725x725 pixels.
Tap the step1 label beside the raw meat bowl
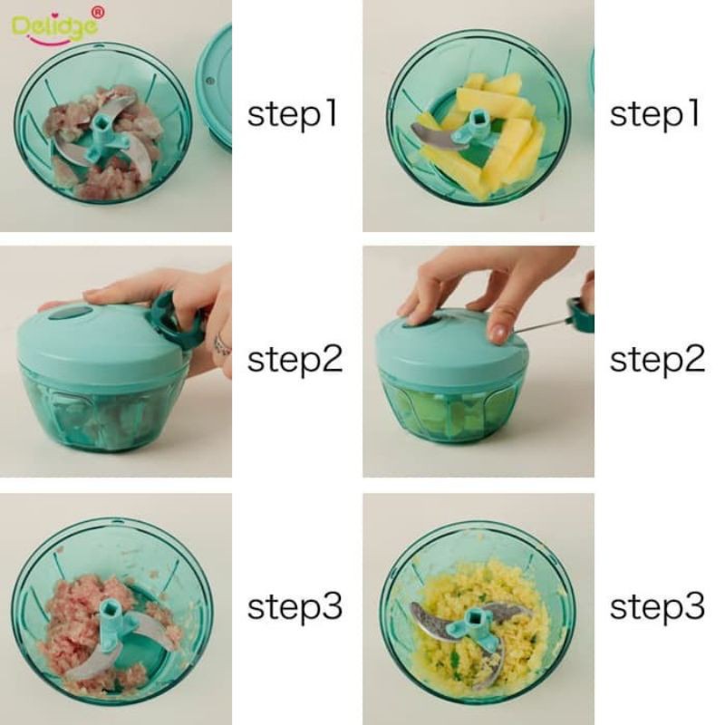point(292,115)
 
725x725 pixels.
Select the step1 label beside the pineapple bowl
point(654,115)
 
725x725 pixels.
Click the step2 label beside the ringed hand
point(295,359)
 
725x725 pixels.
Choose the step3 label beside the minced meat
point(295,606)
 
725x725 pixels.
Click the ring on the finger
point(222,343)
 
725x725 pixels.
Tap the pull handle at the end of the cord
point(581,314)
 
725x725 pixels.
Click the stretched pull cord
point(542,325)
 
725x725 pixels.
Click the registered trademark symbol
point(98,13)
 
